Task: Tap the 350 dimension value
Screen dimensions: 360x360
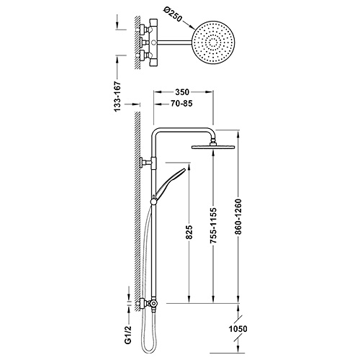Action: pos(182,92)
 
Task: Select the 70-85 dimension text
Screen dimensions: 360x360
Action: pos(181,104)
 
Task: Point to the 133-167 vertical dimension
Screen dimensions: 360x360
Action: pos(117,96)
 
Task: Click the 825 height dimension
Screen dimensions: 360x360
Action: pos(189,232)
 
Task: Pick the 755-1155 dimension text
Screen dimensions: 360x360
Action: pos(213,225)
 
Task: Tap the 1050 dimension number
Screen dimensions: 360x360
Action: pos(238,328)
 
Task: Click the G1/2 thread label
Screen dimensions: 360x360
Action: pos(129,335)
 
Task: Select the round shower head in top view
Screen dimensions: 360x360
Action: pos(214,42)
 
